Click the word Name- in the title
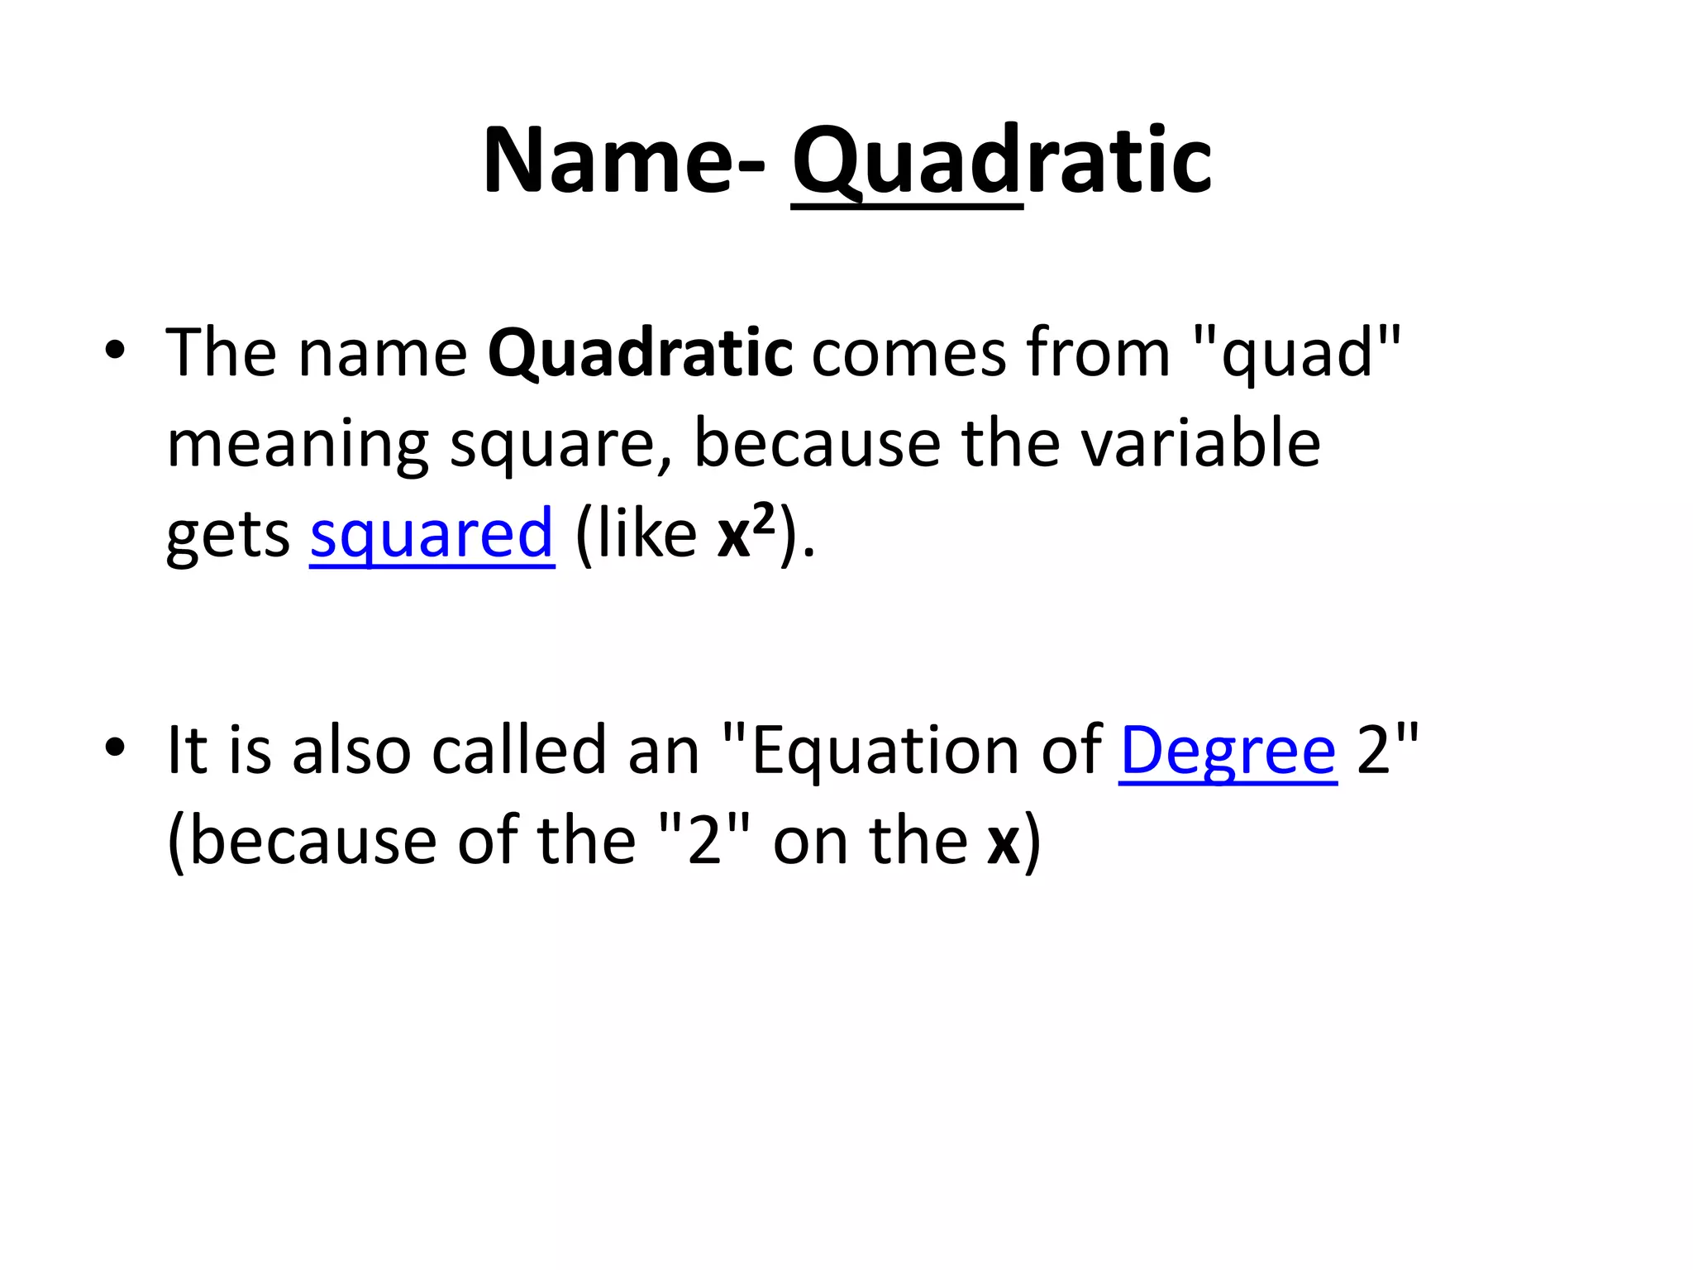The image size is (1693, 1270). click(624, 160)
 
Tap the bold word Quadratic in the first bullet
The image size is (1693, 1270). click(640, 354)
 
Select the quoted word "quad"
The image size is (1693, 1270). click(1298, 354)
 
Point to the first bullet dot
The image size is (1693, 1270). click(115, 351)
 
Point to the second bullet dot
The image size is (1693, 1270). click(115, 747)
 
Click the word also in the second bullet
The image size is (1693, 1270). click(351, 749)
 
